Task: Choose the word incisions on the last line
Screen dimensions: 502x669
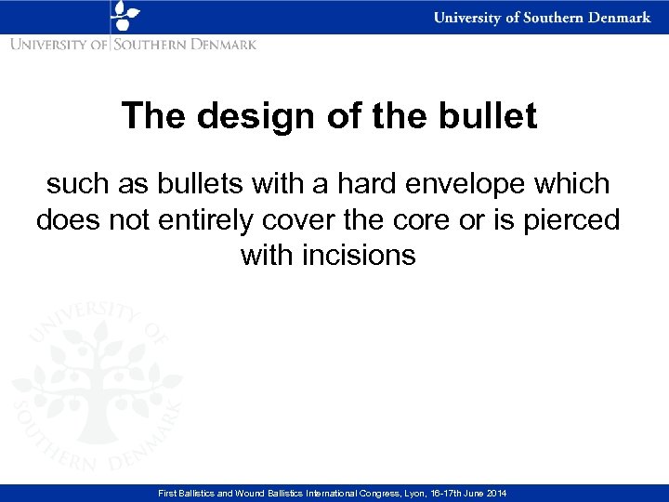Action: coord(360,254)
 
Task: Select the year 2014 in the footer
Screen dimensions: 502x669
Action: coord(497,493)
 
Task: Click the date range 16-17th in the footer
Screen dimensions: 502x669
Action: coord(449,493)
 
